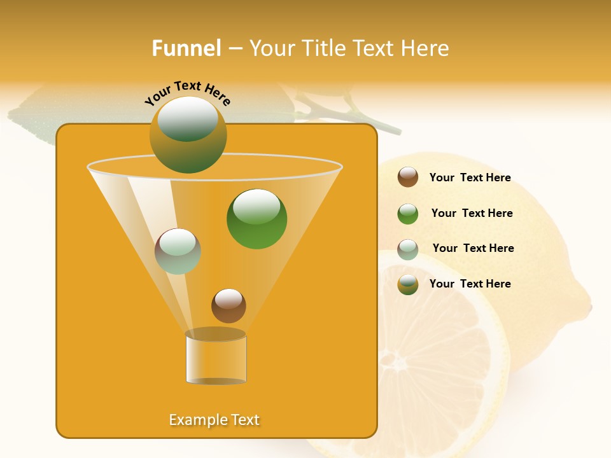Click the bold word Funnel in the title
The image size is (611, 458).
186,48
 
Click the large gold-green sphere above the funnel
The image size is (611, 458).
188,135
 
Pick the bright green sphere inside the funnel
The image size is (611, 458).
256,219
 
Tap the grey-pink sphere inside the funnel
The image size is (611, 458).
178,251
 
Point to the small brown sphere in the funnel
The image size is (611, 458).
228,305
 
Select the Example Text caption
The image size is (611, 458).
214,420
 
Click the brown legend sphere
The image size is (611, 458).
408,177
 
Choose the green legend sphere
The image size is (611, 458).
408,214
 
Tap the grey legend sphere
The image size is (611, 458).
408,249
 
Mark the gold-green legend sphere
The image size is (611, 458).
408,284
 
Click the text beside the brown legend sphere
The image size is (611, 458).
470,177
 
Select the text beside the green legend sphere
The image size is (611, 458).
472,213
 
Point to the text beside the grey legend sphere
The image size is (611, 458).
473,248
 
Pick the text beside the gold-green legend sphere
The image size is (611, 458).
470,284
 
